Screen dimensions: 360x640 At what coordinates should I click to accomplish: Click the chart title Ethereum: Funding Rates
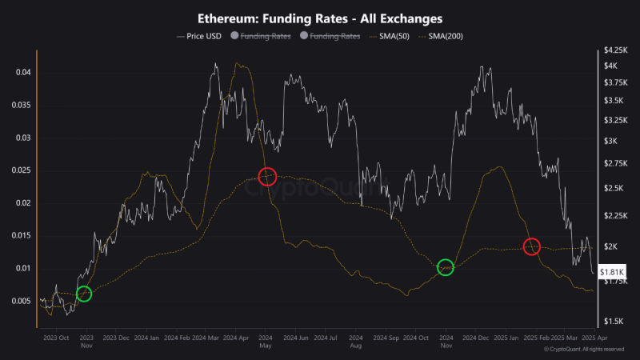320,17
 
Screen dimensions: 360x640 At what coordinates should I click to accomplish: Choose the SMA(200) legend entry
444,36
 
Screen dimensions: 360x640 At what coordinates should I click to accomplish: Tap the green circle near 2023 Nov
83,294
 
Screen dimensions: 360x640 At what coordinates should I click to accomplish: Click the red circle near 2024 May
267,176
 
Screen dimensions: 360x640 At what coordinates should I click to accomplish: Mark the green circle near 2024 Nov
446,267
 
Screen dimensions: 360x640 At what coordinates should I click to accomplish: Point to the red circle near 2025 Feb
532,246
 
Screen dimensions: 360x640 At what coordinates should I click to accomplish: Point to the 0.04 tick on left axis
25,72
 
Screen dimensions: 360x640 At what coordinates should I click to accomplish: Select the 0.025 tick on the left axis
22,170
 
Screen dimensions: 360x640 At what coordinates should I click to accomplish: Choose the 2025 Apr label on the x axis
595,338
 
